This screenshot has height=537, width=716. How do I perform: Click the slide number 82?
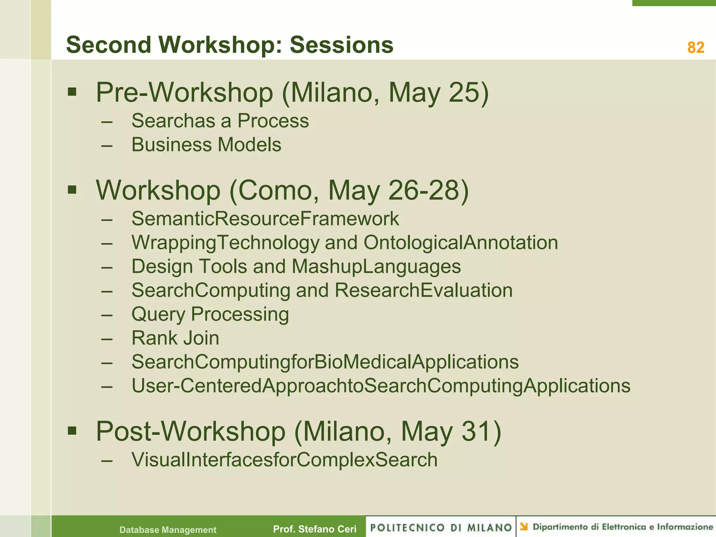pos(695,48)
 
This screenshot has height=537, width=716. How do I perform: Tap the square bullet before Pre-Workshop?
pos(72,92)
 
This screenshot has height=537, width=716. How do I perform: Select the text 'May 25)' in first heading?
pos(438,93)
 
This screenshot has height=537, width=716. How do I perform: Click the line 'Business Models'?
pos(206,145)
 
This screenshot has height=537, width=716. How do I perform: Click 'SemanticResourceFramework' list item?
pos(265,219)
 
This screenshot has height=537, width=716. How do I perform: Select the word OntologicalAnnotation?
pos(460,242)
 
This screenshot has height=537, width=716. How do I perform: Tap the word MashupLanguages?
pos(376,266)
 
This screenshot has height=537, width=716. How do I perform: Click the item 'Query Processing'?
pos(210,314)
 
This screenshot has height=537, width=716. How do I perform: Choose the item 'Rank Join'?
pos(175,338)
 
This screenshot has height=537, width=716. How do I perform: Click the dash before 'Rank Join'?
pos(107,339)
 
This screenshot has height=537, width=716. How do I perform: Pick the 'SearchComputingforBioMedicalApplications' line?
pos(325,362)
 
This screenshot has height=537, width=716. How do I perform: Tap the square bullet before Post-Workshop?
pos(72,431)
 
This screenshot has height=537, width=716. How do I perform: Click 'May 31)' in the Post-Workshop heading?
pos(451,432)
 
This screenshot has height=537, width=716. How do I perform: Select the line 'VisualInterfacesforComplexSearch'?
pos(284,460)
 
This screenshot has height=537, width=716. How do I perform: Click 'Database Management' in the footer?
pos(168,530)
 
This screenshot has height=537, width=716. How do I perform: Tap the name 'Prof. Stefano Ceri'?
pos(315,529)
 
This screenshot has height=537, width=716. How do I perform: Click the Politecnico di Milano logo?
pos(441,527)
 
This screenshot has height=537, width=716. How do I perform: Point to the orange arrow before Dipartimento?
pos(523,527)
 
